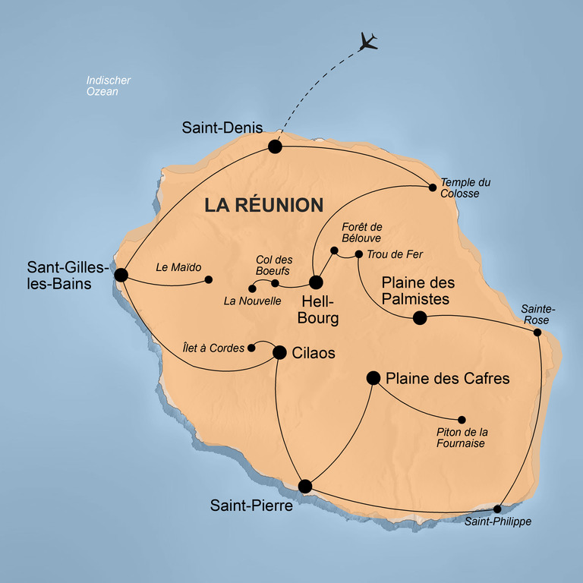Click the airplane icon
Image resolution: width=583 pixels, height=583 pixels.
pyautogui.click(x=368, y=42)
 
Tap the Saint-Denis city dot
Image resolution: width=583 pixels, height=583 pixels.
pyautogui.click(x=275, y=147)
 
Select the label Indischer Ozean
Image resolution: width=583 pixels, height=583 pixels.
pyautogui.click(x=109, y=86)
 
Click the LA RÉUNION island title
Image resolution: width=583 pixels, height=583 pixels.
pyautogui.click(x=264, y=205)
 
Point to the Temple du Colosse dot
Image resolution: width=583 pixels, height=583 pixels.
pyautogui.click(x=433, y=188)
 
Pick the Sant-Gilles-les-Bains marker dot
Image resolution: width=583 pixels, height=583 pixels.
pyautogui.click(x=121, y=275)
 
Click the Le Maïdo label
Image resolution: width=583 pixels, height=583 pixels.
pyautogui.click(x=178, y=267)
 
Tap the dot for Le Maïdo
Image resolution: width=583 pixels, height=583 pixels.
pyautogui.click(x=209, y=279)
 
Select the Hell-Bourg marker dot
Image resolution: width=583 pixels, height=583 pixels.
pyautogui.click(x=316, y=282)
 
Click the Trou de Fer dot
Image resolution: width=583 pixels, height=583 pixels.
pyautogui.click(x=359, y=254)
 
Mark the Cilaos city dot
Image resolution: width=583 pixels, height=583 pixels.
pyautogui.click(x=279, y=352)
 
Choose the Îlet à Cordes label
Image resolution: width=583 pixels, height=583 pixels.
pyautogui.click(x=213, y=348)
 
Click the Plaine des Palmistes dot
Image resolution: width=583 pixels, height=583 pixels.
pyautogui.click(x=420, y=318)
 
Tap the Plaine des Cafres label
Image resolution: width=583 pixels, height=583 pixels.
pyautogui.click(x=448, y=379)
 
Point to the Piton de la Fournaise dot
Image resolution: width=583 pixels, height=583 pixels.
pyautogui.click(x=462, y=420)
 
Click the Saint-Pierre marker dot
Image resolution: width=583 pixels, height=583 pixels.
pyautogui.click(x=305, y=487)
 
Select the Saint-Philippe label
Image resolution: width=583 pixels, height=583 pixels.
pyautogui.click(x=498, y=522)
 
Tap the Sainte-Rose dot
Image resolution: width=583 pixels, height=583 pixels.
pyautogui.click(x=537, y=332)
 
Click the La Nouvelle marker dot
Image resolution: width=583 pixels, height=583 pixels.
pyautogui.click(x=252, y=288)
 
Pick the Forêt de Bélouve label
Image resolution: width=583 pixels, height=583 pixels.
pyautogui.click(x=362, y=232)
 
